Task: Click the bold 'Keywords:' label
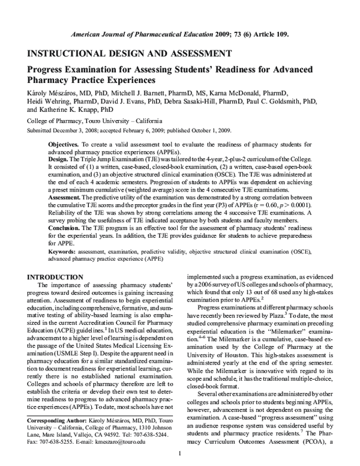pyautogui.click(x=64, y=258)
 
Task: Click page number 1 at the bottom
pyautogui.click(x=179, y=460)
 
